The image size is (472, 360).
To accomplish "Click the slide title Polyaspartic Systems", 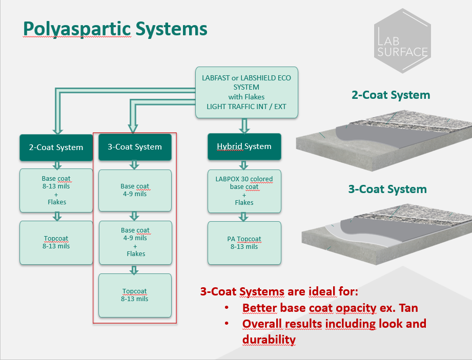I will tap(115, 29).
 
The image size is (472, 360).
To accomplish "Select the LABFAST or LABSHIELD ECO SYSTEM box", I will tap(247, 92).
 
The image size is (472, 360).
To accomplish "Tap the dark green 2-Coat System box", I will tap(56, 147).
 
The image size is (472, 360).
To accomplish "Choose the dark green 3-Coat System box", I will tap(135, 147).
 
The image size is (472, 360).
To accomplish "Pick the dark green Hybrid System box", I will tap(244, 146).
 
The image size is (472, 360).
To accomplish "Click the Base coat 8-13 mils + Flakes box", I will tap(56, 190).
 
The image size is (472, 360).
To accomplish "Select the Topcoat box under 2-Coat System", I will tap(56, 242).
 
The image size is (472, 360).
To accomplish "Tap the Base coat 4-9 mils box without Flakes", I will tap(135, 190).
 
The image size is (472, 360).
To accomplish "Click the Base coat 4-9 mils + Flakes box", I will tap(135, 242).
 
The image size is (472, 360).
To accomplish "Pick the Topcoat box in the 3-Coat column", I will tap(135, 295).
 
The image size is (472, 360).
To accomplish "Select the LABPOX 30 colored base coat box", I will tap(244, 190).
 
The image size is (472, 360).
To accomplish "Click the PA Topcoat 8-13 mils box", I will tap(244, 243).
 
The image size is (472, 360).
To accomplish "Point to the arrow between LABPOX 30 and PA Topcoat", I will tap(244, 217).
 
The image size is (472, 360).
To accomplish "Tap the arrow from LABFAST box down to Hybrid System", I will tap(244, 125).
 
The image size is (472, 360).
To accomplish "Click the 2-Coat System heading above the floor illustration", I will tap(391, 95).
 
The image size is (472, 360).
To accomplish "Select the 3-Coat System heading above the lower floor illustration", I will tap(387, 189).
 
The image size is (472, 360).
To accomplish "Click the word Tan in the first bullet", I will tap(408, 308).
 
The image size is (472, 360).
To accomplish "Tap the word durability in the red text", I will tap(269, 340).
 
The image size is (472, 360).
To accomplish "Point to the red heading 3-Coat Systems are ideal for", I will tap(279, 292).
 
